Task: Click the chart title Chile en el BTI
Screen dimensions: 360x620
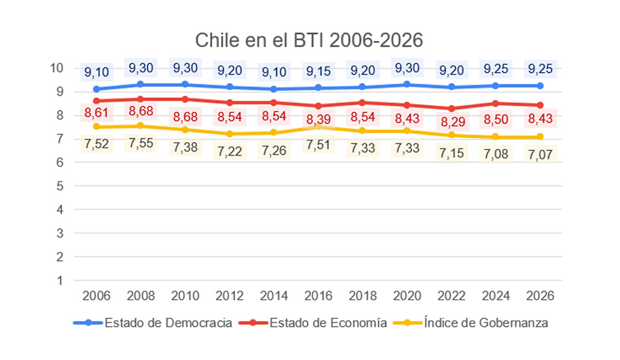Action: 309,40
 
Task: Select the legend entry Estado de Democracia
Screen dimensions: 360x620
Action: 168,323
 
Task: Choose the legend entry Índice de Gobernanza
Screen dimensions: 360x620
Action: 486,323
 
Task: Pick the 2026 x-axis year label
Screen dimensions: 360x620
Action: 540,296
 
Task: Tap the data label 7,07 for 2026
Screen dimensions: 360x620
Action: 540,153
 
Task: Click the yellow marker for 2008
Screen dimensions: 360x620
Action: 141,126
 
